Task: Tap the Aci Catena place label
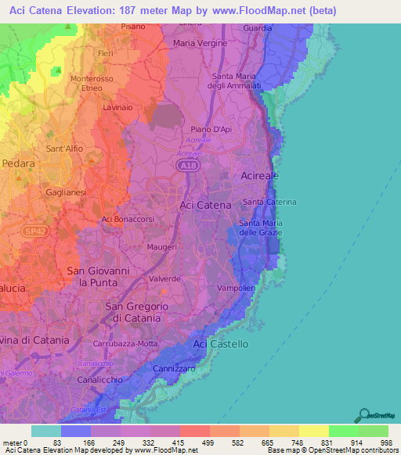[206, 205]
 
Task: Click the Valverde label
[165, 278]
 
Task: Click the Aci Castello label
[221, 344]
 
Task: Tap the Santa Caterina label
[269, 202]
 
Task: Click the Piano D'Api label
[211, 130]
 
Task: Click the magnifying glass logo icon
[363, 416]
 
